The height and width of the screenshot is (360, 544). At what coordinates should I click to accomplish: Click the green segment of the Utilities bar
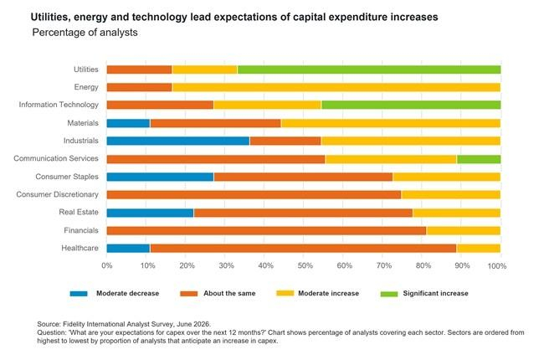369,69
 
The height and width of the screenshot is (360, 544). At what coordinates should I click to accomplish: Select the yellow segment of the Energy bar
336,87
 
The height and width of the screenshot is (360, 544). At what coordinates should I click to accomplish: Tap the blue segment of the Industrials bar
178,141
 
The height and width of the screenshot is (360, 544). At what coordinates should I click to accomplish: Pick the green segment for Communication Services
479,159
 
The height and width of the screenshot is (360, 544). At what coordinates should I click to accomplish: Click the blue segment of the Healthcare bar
128,248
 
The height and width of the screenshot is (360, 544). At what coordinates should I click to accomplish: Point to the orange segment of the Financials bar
266,230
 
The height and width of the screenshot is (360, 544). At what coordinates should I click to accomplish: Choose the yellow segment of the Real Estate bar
457,213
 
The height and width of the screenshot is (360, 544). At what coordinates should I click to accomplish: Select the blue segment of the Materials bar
128,123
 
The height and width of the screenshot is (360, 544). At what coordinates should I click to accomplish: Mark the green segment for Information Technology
411,105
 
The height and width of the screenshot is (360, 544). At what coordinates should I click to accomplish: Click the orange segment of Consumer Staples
303,177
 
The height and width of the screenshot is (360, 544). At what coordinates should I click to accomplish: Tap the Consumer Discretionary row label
57,194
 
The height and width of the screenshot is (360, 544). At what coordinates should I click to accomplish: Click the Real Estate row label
79,212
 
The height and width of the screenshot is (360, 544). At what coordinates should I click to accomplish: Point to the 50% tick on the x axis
305,265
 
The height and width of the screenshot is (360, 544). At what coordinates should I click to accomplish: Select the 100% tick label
497,266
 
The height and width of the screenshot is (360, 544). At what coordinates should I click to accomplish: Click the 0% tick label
107,265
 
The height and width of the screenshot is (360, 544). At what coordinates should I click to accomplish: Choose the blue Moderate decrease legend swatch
79,294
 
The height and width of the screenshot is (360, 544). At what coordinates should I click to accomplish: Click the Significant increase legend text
435,293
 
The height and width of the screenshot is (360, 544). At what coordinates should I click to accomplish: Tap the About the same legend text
229,293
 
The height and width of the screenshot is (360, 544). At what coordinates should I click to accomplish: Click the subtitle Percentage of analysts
85,33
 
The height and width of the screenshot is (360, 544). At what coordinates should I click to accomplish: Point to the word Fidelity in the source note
74,324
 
